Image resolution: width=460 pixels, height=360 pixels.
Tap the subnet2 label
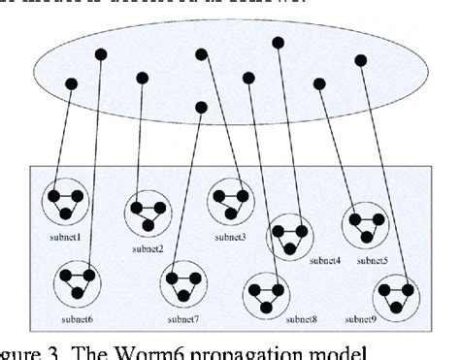pos(148,248)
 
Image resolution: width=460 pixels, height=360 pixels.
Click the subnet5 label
pos(372,260)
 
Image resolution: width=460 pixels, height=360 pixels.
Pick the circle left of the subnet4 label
pos(289,234)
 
